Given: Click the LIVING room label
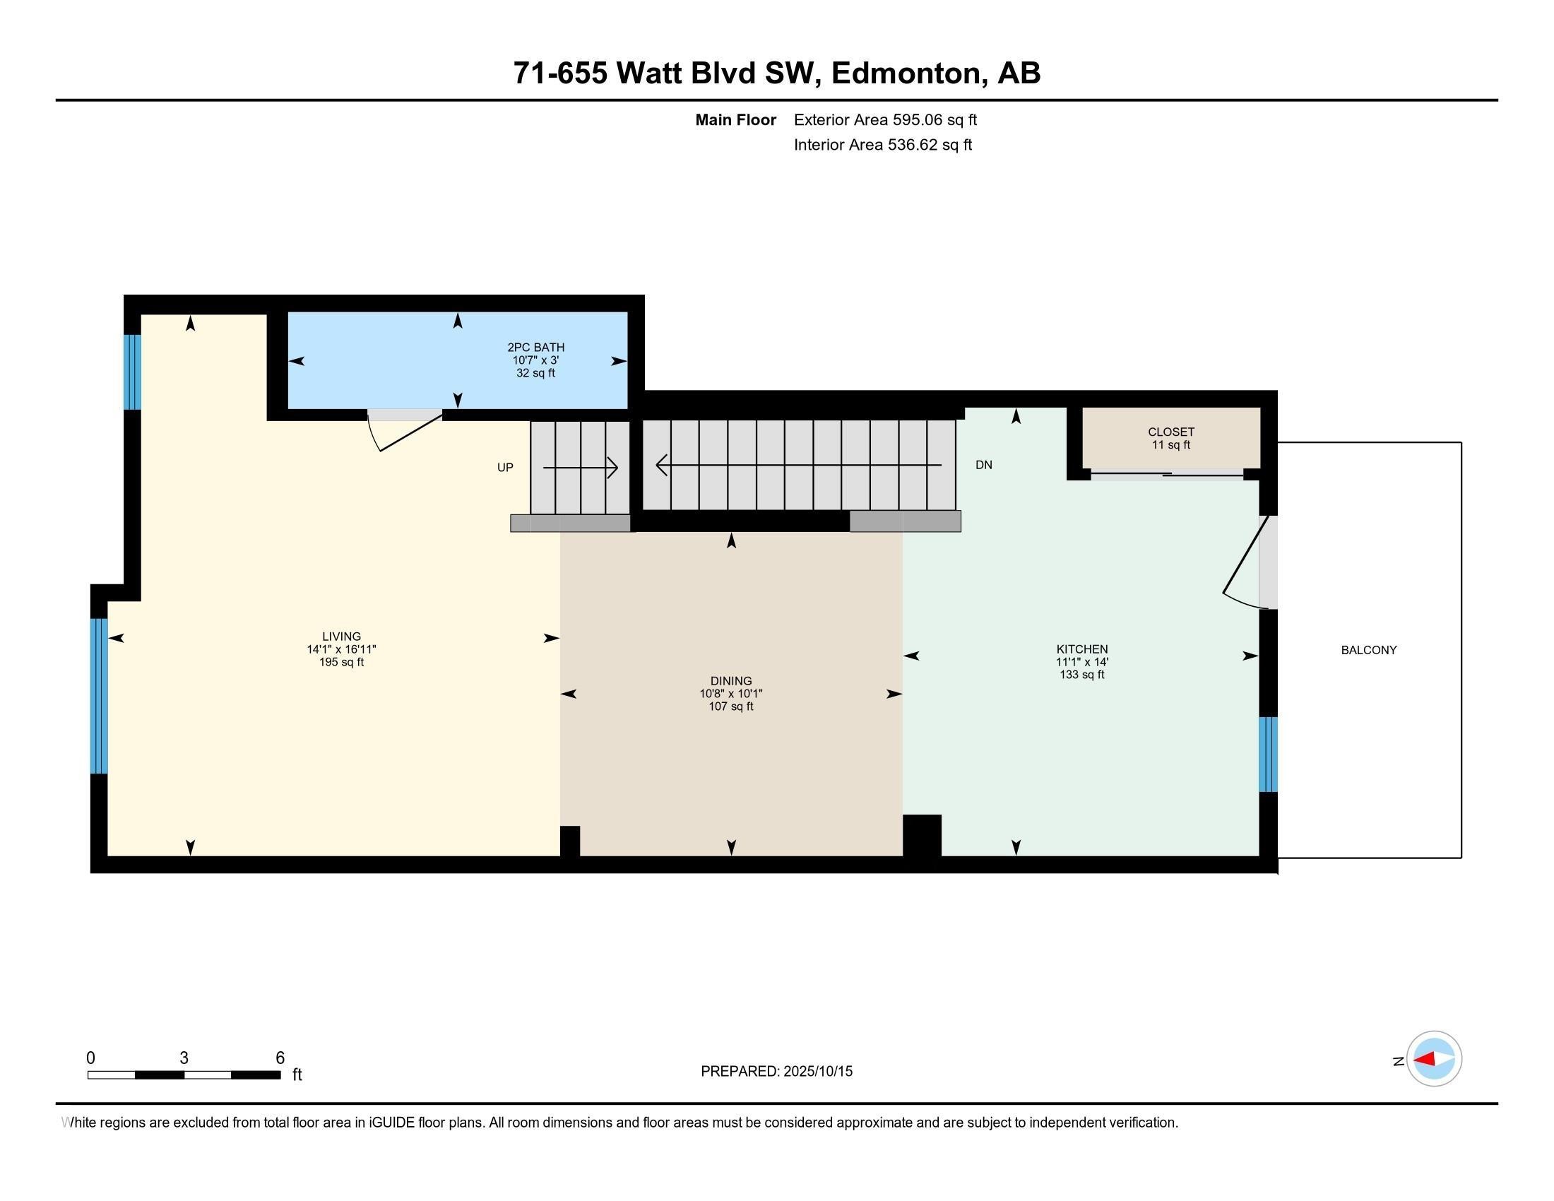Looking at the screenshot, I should point(342,636).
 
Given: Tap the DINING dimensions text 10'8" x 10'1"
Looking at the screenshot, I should point(731,694).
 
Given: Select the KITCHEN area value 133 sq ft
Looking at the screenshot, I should point(1081,675).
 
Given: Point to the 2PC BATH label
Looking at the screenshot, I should point(536,347).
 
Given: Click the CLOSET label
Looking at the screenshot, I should point(1170,432).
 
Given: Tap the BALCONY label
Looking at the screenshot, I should point(1368,649).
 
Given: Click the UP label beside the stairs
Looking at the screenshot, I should point(504,468).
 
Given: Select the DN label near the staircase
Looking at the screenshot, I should point(983,465).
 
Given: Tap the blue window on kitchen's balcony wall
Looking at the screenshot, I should point(1268,755).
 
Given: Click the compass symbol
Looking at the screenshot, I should point(1434,1058).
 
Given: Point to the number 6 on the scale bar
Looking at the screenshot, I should point(280,1058).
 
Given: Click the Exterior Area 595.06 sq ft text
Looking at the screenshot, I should point(885,119).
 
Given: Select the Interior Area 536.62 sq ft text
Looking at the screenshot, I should point(882,144).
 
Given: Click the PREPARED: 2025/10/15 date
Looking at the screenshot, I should point(776,1071).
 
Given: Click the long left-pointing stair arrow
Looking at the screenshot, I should point(797,466).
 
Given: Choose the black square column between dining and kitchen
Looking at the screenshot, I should point(921,835).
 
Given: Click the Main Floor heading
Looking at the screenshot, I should point(735,119).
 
